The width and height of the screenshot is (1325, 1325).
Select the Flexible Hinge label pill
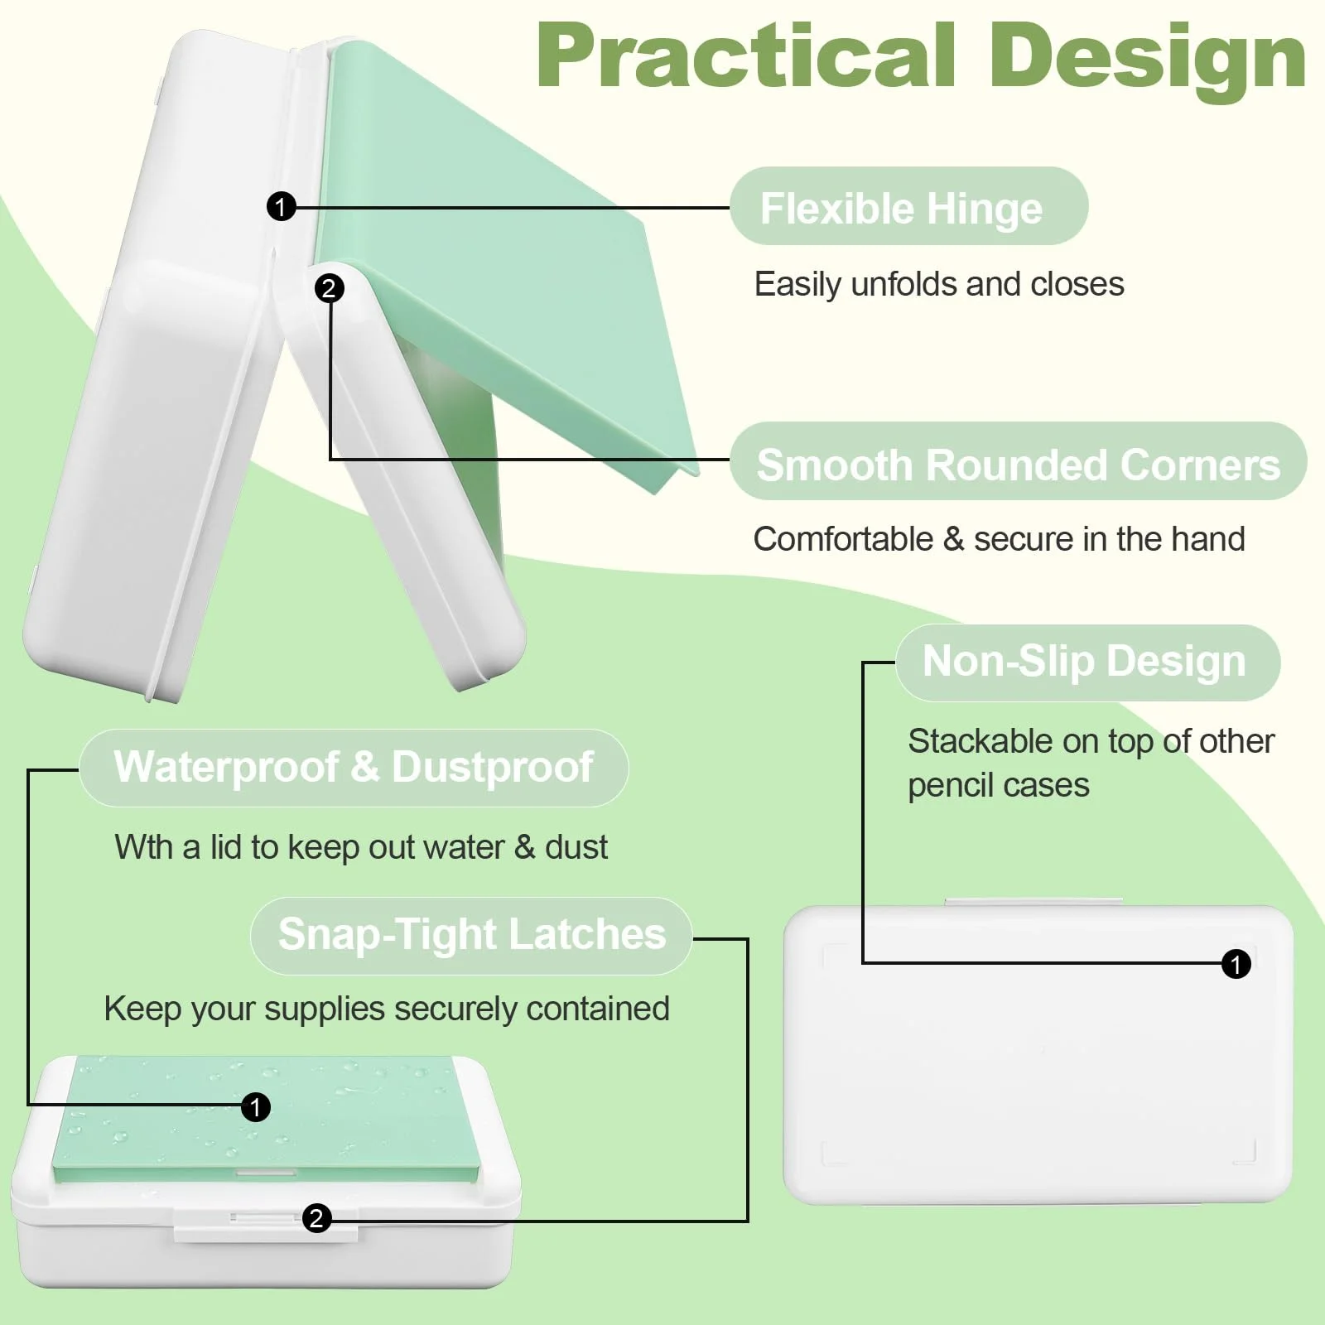[x=908, y=206]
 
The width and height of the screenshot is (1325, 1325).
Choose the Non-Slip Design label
[x=1087, y=662]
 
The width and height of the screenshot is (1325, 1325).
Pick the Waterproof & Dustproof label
[x=354, y=768]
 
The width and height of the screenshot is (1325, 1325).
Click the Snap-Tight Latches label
[x=471, y=936]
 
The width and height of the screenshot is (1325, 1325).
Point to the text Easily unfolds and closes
[x=939, y=284]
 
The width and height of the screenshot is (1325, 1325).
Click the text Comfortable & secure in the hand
[x=999, y=539]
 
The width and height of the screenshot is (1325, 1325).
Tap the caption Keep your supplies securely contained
[x=387, y=1009]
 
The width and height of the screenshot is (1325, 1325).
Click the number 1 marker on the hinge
[x=282, y=206]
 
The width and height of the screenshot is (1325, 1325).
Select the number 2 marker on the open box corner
[x=330, y=288]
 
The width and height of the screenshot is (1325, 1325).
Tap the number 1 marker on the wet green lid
[x=256, y=1107]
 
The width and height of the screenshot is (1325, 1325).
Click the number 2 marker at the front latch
[x=316, y=1218]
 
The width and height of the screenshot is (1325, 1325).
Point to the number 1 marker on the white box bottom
[x=1236, y=964]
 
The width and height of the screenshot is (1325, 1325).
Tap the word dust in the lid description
[x=576, y=847]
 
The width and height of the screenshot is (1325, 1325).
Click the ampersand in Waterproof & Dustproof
[x=364, y=767]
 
